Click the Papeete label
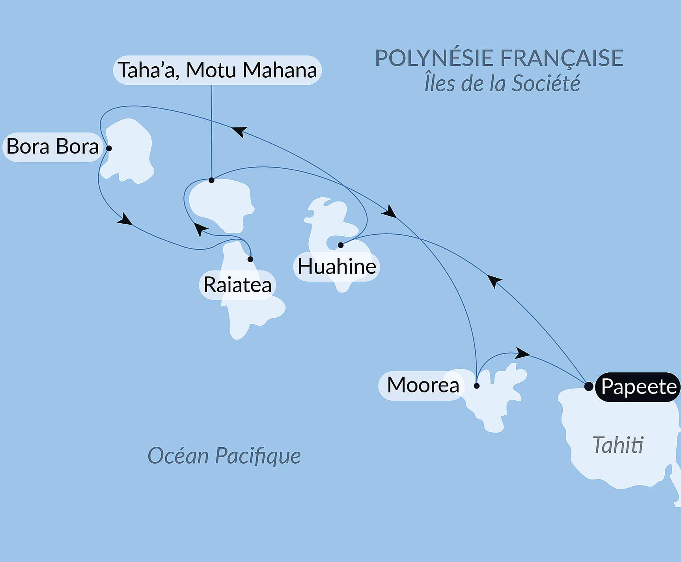[638, 387]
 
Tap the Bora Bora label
[52, 147]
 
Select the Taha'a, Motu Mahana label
[217, 70]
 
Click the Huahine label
[337, 267]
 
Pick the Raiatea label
[237, 285]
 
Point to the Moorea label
[423, 385]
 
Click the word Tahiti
[618, 445]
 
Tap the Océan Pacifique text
[224, 456]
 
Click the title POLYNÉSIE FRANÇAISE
[498, 58]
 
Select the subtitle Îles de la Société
[502, 84]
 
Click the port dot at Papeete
[588, 386]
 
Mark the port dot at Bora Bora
[109, 149]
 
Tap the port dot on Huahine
[341, 245]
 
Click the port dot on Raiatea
[250, 259]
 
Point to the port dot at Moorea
[476, 386]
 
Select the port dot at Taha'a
[211, 180]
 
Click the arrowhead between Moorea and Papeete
[522, 353]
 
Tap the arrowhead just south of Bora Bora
[125, 220]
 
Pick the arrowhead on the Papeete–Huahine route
[494, 281]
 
